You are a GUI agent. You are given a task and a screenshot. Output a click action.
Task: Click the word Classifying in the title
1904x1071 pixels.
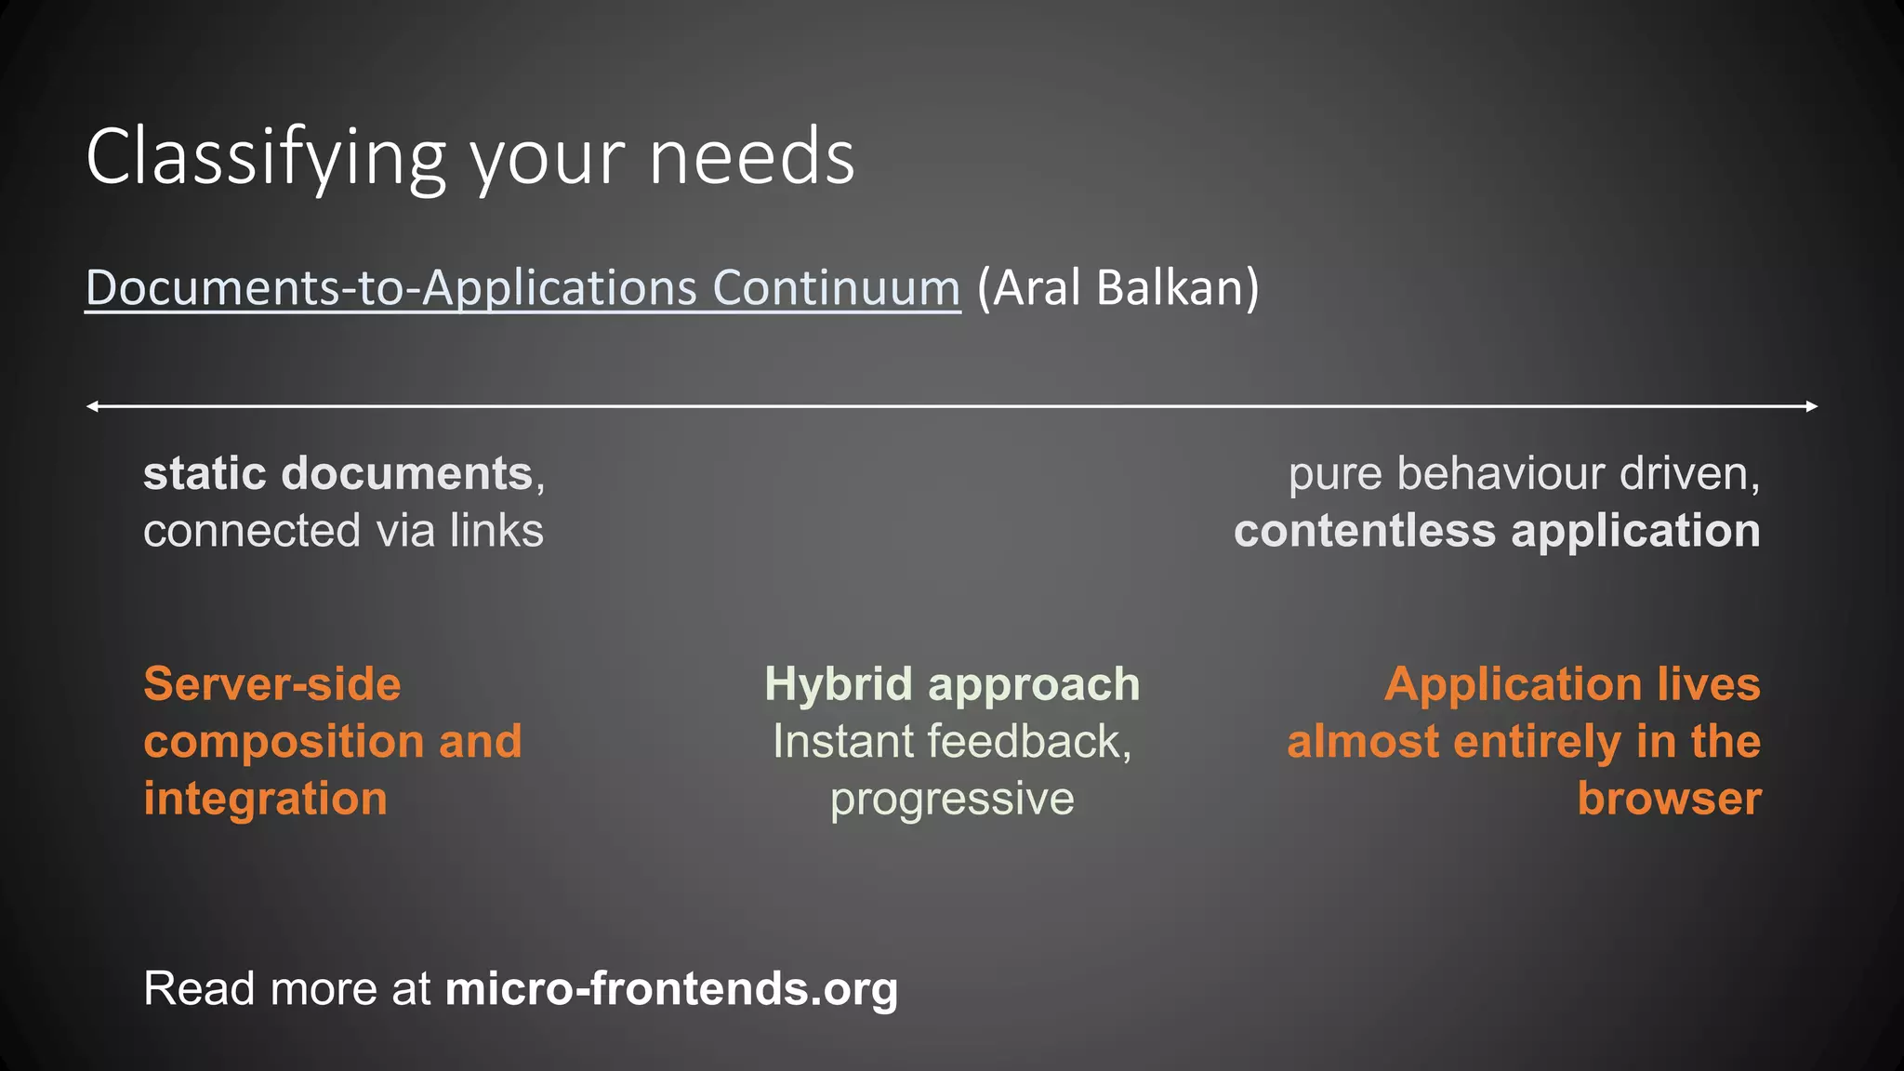[x=265, y=158]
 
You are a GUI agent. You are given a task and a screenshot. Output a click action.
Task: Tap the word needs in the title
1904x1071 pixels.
[x=751, y=158]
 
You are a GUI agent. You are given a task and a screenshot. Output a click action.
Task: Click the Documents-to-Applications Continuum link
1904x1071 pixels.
[x=522, y=287]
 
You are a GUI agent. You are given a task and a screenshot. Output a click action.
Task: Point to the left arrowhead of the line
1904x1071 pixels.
[x=92, y=406]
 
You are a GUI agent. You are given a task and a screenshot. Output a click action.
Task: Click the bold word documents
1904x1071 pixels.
[x=407, y=474]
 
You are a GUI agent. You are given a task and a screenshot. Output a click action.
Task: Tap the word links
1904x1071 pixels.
[x=496, y=531]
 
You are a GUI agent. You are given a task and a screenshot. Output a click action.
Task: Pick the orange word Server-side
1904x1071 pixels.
[x=272, y=684]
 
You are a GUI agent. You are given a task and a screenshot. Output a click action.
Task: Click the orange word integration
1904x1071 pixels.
[x=265, y=800]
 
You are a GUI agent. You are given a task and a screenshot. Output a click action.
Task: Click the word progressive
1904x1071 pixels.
[x=952, y=800]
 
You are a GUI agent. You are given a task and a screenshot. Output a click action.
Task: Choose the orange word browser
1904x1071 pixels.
[x=1669, y=800]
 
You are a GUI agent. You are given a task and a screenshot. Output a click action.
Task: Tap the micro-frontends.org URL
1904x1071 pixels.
[x=671, y=988]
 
